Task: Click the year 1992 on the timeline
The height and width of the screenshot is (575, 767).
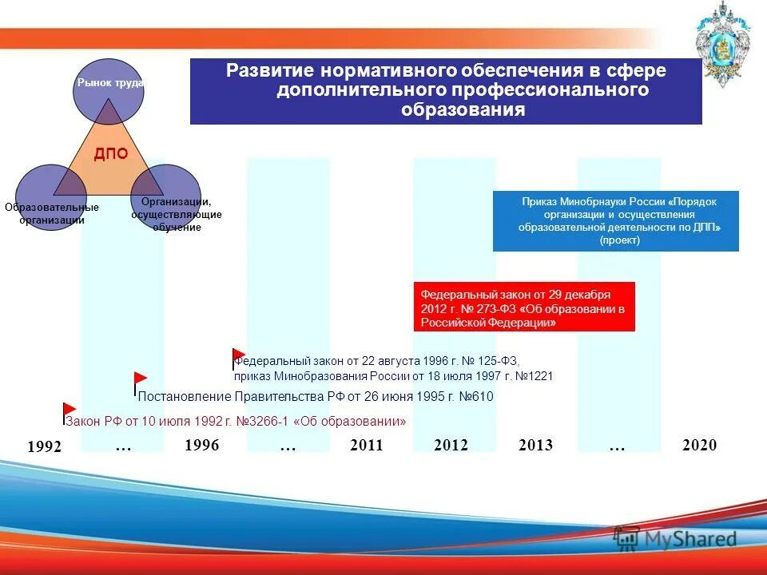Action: point(44,447)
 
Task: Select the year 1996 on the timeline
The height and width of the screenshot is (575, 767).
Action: point(201,446)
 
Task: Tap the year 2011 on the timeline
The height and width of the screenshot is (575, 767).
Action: point(367,446)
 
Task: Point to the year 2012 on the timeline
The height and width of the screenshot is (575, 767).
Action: point(451,446)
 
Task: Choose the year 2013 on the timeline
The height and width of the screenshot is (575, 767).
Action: point(535,446)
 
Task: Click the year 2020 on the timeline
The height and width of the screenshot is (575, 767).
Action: point(700,446)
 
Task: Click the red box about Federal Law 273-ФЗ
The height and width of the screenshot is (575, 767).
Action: point(524,307)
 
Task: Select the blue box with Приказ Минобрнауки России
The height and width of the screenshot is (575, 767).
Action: point(615,221)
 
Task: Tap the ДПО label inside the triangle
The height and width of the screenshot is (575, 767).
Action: point(110,155)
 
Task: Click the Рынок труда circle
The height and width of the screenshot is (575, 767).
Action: point(108,91)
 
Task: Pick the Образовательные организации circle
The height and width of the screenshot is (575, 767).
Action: point(50,198)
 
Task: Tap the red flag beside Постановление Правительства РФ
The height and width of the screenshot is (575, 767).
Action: point(141,379)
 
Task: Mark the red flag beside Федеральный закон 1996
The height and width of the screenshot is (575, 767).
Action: point(239,355)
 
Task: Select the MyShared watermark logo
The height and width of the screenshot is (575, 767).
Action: point(675,539)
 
